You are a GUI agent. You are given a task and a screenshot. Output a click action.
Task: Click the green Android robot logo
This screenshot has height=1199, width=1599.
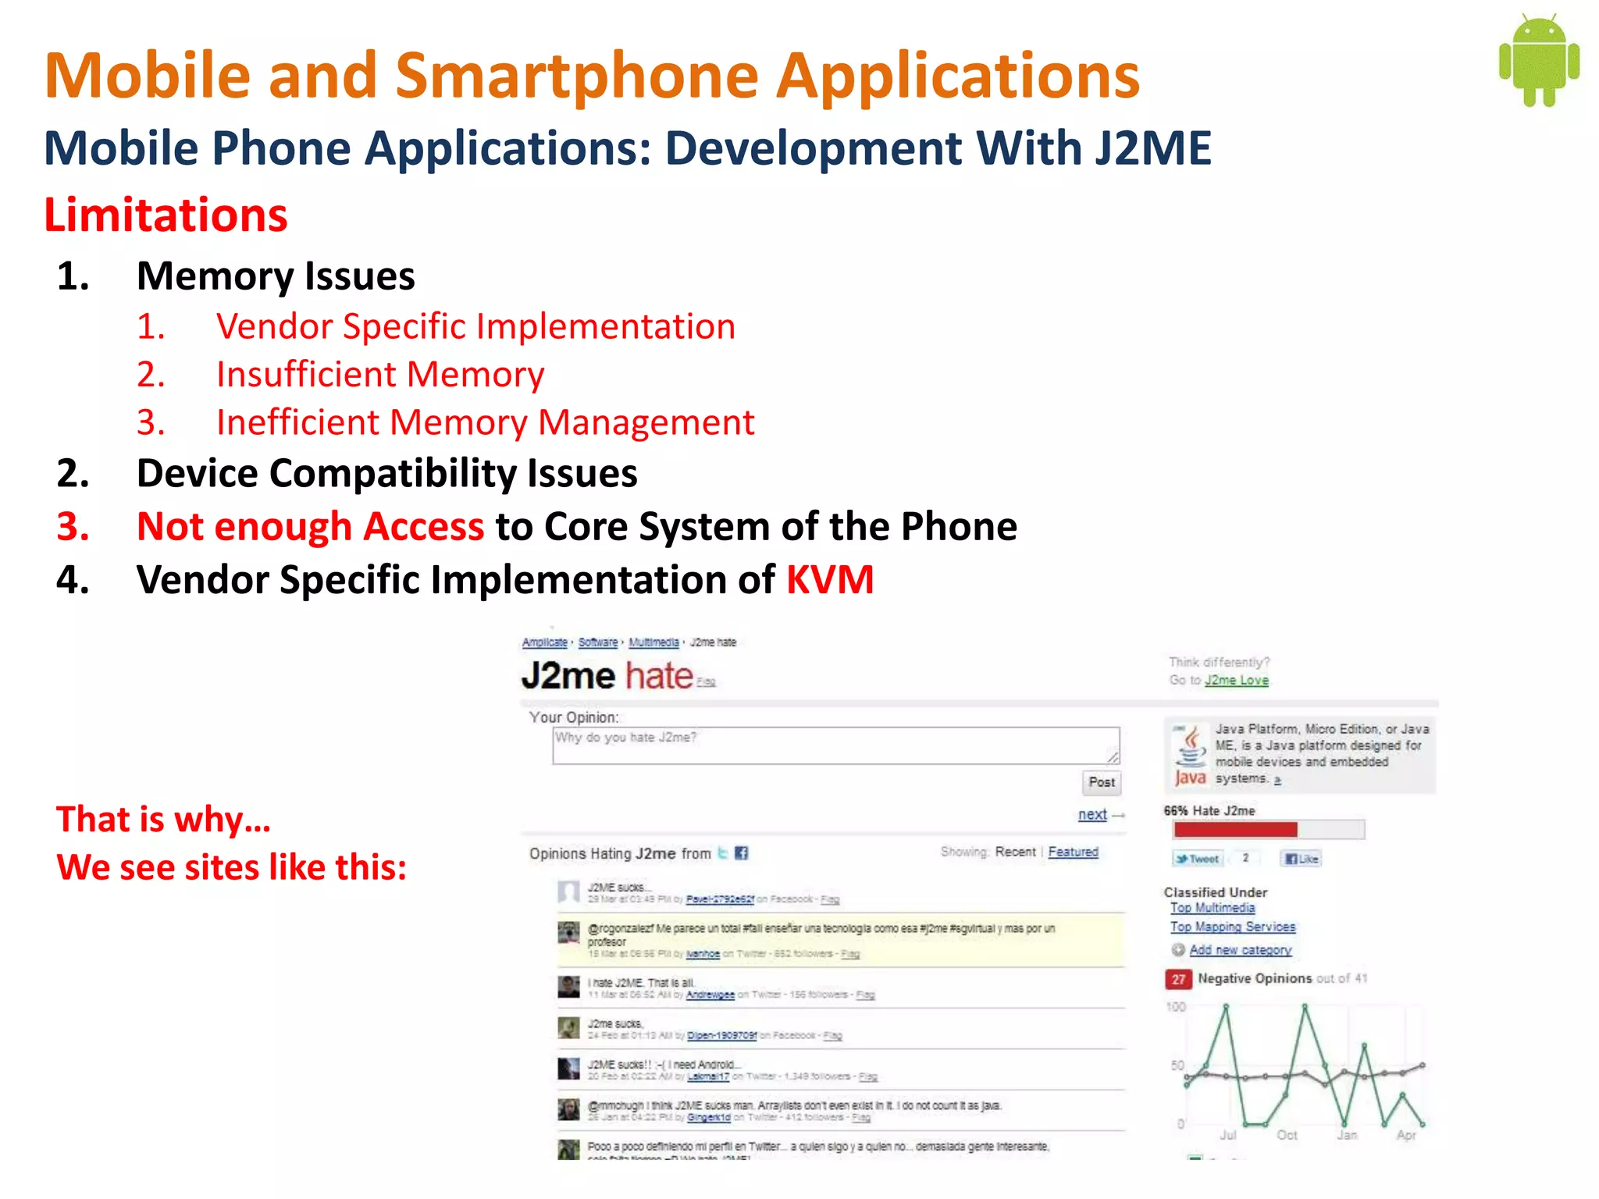coord(1538,61)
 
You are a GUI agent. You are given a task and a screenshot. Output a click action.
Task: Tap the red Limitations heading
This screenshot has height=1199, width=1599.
coord(166,215)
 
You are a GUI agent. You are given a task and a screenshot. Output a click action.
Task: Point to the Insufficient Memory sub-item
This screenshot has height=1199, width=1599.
coord(379,375)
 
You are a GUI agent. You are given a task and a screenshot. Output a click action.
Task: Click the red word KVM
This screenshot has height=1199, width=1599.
coord(829,580)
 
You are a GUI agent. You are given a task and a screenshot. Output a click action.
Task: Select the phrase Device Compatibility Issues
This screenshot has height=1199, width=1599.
coord(386,474)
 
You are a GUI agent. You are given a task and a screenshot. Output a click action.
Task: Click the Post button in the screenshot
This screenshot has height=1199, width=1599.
coord(1101,782)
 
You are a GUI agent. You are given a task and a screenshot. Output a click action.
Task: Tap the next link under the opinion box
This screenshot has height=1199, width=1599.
coord(1092,815)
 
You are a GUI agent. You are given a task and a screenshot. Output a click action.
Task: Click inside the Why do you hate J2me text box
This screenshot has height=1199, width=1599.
coord(835,746)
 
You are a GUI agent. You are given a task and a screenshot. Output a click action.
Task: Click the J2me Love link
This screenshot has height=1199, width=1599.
coord(1236,681)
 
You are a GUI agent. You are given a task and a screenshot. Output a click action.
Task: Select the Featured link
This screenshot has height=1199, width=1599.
coord(1073,852)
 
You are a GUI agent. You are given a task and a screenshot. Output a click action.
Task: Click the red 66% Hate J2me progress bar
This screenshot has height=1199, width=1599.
coord(1235,830)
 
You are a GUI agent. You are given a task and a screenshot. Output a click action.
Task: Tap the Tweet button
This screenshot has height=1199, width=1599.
coord(1198,859)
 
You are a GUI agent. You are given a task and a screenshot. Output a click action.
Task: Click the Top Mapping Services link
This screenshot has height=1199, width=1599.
coord(1232,927)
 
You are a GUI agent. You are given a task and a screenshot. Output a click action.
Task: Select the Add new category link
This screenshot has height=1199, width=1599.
coord(1240,950)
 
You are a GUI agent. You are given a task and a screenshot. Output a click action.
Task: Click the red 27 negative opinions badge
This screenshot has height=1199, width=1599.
coord(1177,979)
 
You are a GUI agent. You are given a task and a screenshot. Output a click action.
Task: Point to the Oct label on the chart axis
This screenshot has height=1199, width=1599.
coord(1287,1135)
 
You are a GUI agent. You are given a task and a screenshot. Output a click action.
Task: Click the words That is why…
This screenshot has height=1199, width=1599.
coord(164,820)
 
